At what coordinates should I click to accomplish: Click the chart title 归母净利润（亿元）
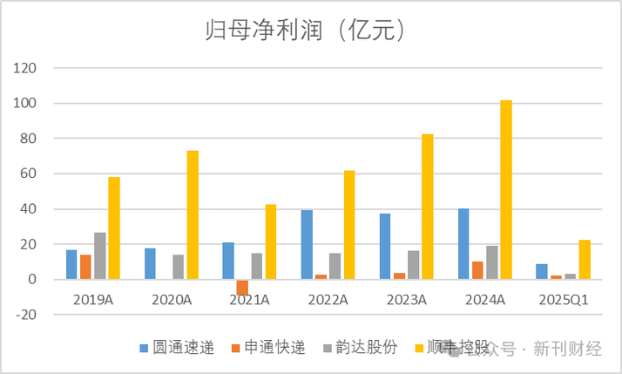[311, 32]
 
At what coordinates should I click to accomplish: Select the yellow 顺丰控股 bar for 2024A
[506, 190]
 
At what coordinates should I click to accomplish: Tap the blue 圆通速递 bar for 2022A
[308, 244]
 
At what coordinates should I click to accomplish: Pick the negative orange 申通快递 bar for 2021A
[242, 287]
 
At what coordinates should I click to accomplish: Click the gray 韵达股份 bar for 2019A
[99, 255]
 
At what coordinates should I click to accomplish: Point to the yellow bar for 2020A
[193, 214]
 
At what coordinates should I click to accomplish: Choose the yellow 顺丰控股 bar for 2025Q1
[585, 260]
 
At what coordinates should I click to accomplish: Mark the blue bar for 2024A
[464, 244]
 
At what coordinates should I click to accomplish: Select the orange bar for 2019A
[85, 267]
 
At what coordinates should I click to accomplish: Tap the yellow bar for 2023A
[428, 207]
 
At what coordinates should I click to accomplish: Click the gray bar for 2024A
[492, 262]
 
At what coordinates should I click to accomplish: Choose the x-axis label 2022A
[328, 299]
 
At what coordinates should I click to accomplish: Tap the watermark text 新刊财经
[567, 350]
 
